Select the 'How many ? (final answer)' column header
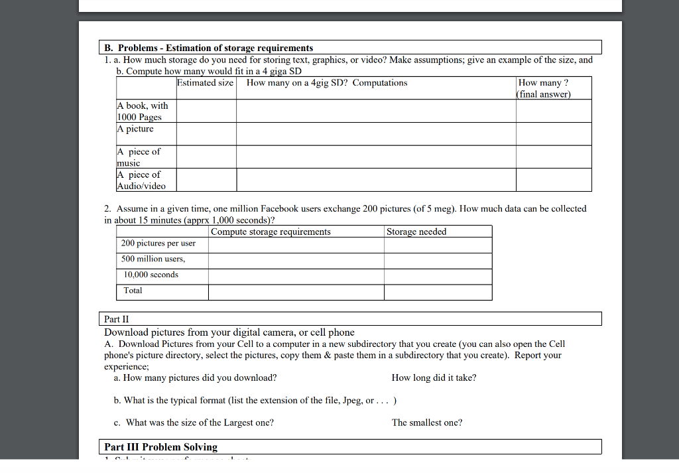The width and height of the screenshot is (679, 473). (543, 88)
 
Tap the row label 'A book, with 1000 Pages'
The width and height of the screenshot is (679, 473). (143, 111)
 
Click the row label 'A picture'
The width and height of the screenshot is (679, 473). (135, 129)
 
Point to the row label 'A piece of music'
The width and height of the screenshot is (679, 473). (139, 157)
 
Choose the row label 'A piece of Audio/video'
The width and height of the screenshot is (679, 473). (141, 180)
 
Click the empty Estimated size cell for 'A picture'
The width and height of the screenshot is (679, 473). (206, 134)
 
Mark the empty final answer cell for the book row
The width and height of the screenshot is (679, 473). (553, 111)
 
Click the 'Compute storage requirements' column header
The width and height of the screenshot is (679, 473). (271, 232)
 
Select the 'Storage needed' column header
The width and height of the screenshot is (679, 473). (416, 232)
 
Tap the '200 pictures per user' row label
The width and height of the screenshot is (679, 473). (158, 243)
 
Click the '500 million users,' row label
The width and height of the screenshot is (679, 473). (153, 259)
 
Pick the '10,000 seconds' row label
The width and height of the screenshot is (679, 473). (151, 275)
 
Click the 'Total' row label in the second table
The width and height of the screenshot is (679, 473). (133, 291)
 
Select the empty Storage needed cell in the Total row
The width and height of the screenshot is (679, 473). (438, 292)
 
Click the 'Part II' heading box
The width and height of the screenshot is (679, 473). (352, 318)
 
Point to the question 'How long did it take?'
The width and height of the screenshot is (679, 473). (434, 378)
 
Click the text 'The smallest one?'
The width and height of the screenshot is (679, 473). (427, 423)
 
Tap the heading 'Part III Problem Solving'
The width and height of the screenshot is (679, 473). (161, 447)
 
